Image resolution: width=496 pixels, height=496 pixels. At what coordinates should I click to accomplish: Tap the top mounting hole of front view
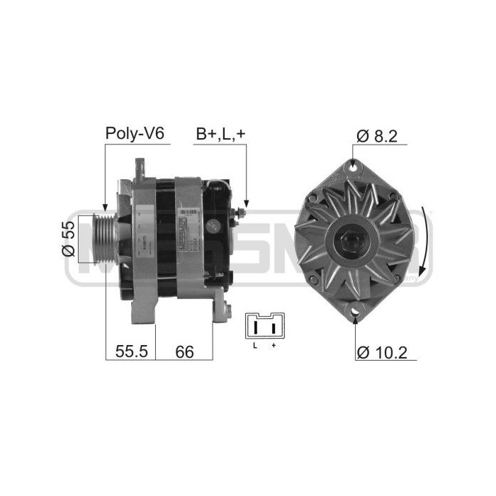tap(354, 166)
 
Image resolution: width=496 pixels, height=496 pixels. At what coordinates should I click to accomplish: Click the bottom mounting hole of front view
tap(354, 311)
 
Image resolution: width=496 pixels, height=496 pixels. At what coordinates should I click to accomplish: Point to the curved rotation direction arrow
tap(425, 241)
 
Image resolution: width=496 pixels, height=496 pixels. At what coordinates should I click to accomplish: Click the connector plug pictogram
tap(262, 327)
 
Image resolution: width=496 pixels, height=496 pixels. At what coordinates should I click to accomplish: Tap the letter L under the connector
tap(255, 346)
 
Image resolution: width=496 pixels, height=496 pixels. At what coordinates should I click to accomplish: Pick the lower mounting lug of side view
tap(222, 312)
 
